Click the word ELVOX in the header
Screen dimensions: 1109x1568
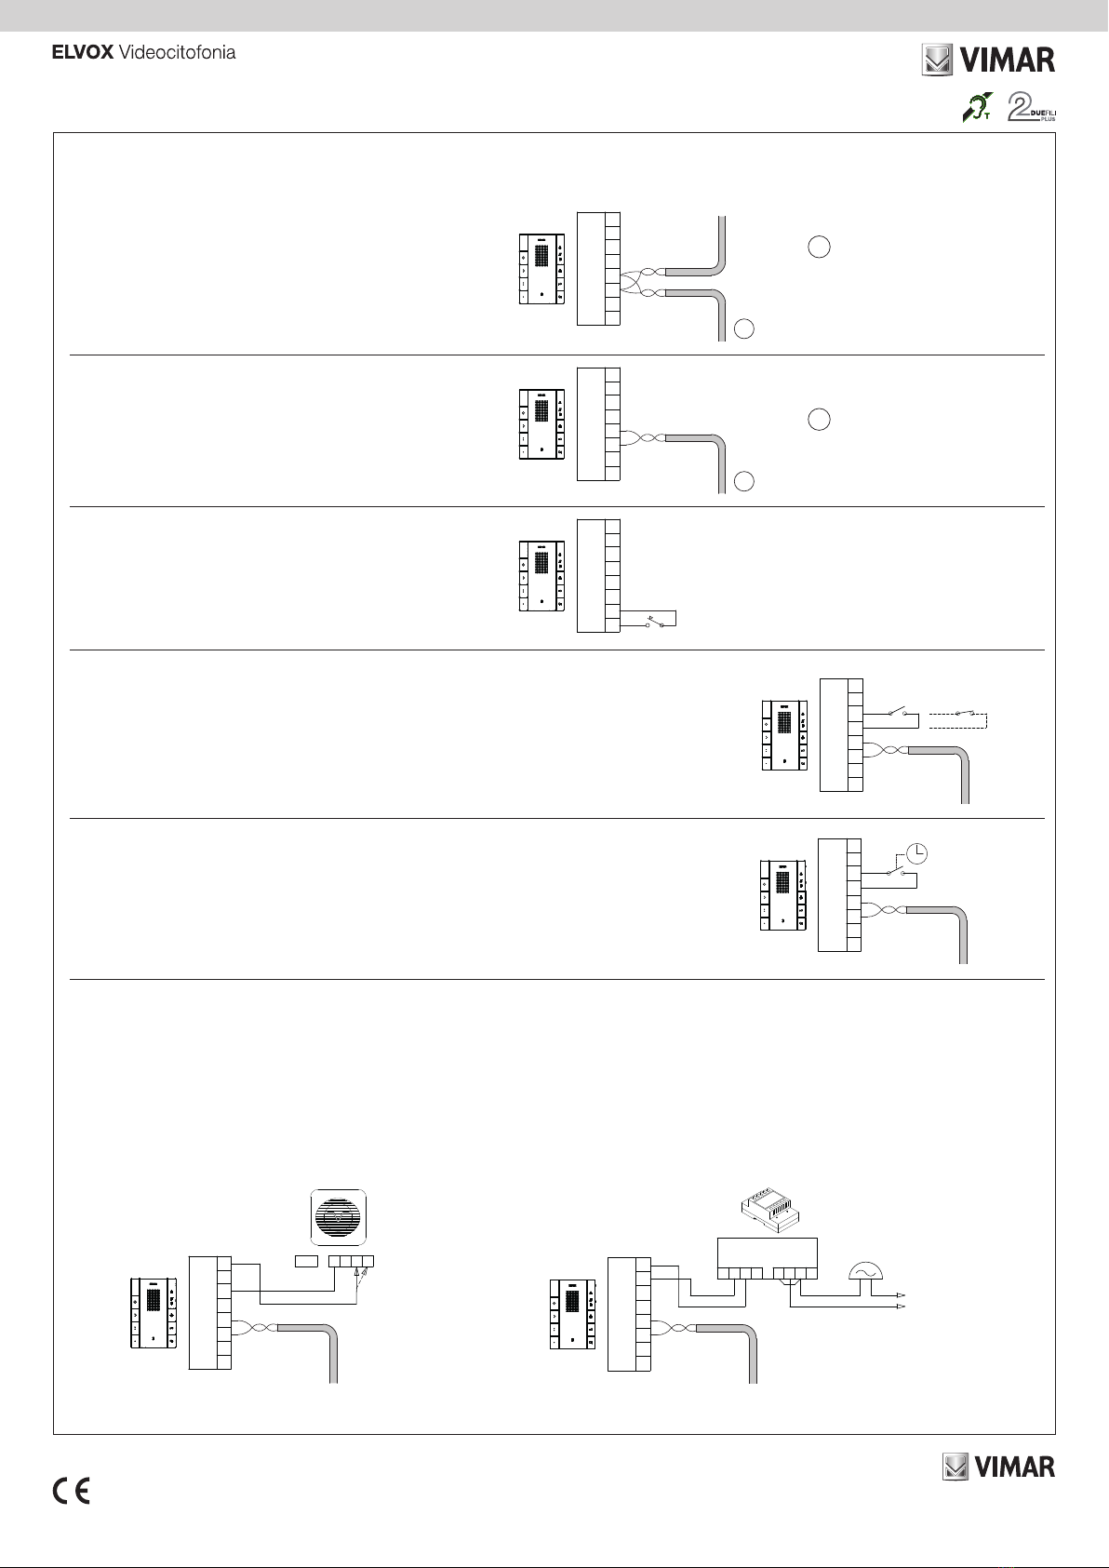[82, 53]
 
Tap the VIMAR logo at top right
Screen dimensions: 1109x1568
[988, 60]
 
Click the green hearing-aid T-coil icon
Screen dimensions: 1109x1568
[977, 108]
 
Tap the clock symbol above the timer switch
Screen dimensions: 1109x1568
[916, 851]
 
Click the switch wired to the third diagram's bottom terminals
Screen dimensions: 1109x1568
[651, 621]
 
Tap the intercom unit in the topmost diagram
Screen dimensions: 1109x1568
[541, 269]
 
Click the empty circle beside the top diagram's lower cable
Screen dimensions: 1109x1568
[742, 328]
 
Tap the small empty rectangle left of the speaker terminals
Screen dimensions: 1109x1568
[306, 1262]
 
